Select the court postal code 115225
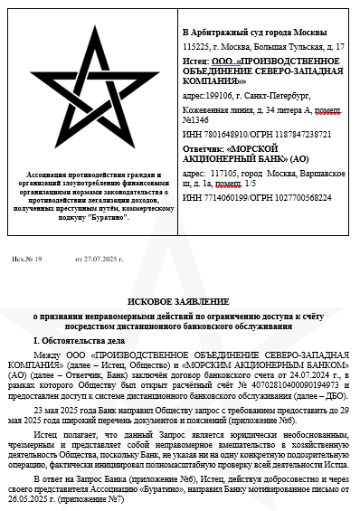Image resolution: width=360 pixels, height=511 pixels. [194, 45]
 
